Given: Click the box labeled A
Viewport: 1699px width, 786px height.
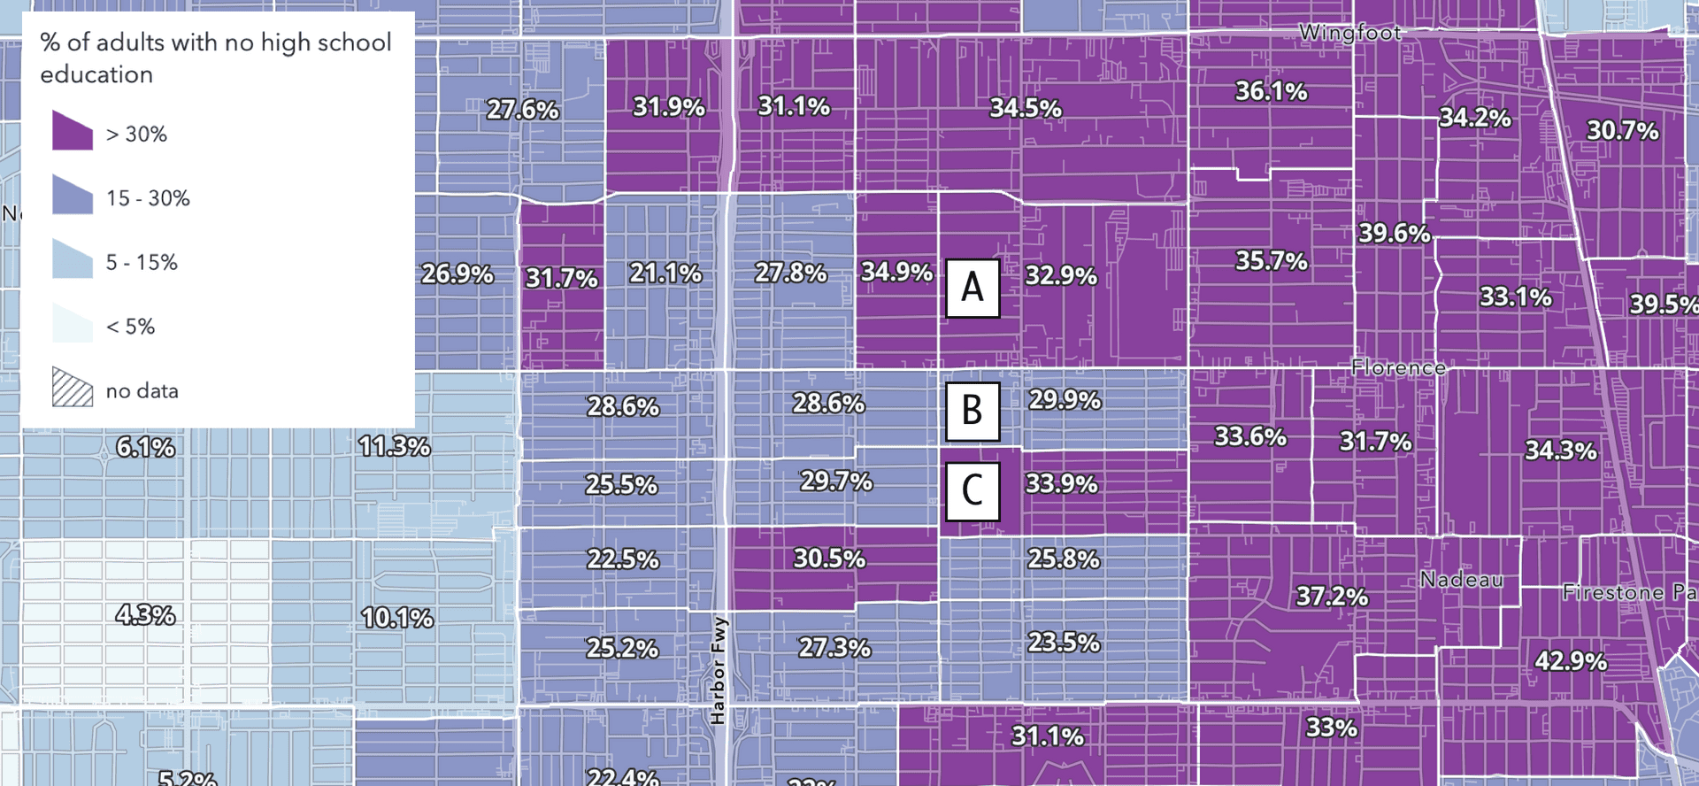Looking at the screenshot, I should pyautogui.click(x=973, y=288).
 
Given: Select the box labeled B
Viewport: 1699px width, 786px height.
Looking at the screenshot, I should pyautogui.click(x=973, y=411).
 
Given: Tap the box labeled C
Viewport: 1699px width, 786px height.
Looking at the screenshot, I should pyautogui.click(x=973, y=490).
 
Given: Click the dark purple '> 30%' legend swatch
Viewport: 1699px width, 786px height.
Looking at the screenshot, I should pyautogui.click(x=73, y=131).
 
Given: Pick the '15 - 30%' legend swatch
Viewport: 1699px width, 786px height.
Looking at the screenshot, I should pyautogui.click(x=73, y=195).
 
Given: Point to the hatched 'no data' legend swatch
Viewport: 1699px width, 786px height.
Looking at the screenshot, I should pyautogui.click(x=73, y=388).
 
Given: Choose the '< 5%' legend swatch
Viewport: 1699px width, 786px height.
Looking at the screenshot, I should pyautogui.click(x=73, y=323).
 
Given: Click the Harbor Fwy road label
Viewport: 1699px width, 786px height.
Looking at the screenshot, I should pyautogui.click(x=718, y=670).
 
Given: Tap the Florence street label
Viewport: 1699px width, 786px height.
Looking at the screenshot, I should pyautogui.click(x=1398, y=367).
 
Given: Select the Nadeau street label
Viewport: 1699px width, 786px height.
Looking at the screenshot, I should pyautogui.click(x=1461, y=580).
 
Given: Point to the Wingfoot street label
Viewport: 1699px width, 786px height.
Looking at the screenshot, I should pyautogui.click(x=1349, y=33).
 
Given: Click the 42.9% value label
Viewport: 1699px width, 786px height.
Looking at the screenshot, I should pyautogui.click(x=1571, y=661).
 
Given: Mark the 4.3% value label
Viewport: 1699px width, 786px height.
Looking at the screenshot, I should pyautogui.click(x=146, y=614).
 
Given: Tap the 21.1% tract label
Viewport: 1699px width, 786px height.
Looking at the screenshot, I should pyautogui.click(x=665, y=274).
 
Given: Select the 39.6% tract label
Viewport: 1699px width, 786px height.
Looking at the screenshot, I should pyautogui.click(x=1395, y=233).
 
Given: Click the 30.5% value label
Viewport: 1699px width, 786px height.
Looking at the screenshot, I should pyautogui.click(x=829, y=559).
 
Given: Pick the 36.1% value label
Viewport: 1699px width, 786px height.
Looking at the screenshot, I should pyautogui.click(x=1271, y=91).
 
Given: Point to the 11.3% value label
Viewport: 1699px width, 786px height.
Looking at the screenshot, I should pyautogui.click(x=395, y=446).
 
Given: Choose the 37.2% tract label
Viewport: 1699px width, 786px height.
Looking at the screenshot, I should pyautogui.click(x=1332, y=597).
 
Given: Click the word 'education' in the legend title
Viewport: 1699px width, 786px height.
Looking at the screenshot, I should pyautogui.click(x=96, y=74).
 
